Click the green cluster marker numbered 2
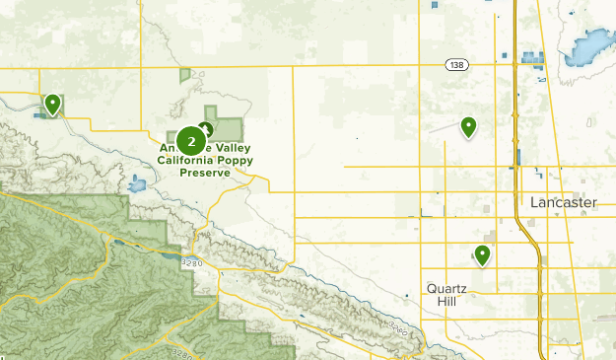click(190, 141)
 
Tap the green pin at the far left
click(52, 103)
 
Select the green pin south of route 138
click(468, 126)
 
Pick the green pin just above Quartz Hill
click(483, 254)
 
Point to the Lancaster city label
click(564, 202)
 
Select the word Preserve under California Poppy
click(205, 172)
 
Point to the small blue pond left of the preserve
click(136, 183)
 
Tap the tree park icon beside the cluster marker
click(206, 129)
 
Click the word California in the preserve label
click(182, 160)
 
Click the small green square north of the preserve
click(184, 74)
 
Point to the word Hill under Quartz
click(446, 301)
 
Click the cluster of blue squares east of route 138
click(533, 57)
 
